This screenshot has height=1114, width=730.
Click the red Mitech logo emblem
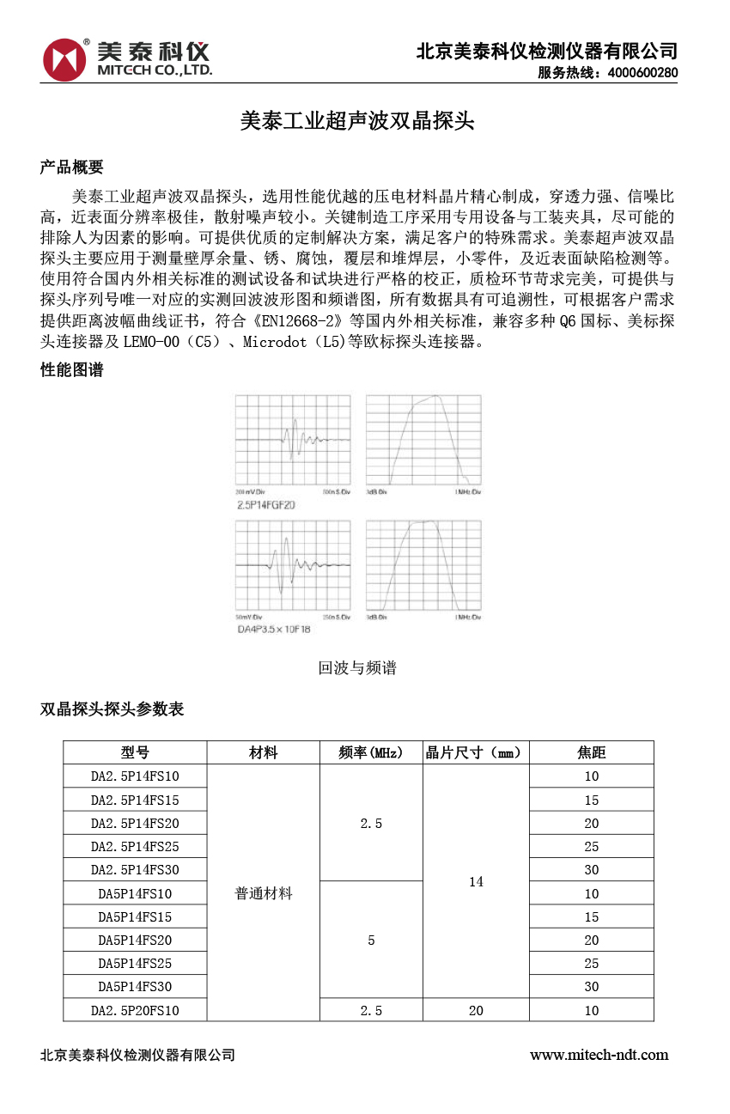tap(65, 58)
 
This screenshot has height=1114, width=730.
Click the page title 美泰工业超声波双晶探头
tap(356, 122)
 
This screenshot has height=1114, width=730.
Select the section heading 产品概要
tap(72, 167)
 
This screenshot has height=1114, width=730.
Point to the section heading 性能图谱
tap(72, 370)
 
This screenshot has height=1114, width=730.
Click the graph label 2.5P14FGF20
tap(265, 505)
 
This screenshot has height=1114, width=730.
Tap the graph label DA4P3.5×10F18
tap(274, 630)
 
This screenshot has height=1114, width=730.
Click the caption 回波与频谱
tap(357, 667)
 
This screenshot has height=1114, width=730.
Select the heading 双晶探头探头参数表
tap(113, 709)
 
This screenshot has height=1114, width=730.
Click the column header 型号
tap(136, 753)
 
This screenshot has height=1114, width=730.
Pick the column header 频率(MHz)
tap(371, 753)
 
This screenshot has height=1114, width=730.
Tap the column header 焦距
tap(591, 753)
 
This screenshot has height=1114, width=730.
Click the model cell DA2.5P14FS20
tap(136, 824)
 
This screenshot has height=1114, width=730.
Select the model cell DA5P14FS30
tap(136, 987)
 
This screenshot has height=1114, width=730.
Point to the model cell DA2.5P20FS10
tap(136, 1011)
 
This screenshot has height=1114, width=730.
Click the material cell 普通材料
tap(264, 893)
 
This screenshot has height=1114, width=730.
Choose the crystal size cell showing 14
tap(476, 882)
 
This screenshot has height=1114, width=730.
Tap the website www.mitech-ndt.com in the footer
tap(599, 1055)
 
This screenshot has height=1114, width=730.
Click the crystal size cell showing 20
tap(476, 1011)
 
